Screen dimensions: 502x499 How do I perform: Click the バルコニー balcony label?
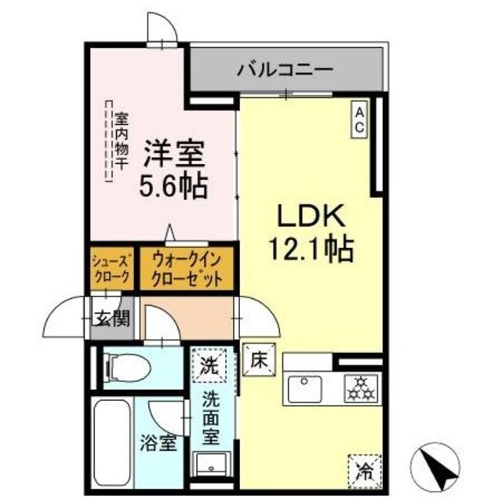click(285, 70)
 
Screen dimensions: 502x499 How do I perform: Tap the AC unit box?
click(359, 119)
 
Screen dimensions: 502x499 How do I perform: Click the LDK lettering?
click(311, 216)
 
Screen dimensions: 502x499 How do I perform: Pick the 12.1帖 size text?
click(312, 249)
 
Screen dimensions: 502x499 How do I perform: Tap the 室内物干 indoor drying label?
click(122, 141)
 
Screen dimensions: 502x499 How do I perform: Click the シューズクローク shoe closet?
click(111, 268)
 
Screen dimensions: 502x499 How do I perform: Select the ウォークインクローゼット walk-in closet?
click(187, 268)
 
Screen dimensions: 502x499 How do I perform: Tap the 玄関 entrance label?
click(112, 319)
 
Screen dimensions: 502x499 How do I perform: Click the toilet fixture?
click(129, 367)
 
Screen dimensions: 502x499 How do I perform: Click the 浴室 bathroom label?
click(158, 443)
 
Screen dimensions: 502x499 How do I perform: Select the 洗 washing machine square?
click(209, 366)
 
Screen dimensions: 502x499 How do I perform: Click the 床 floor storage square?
click(259, 359)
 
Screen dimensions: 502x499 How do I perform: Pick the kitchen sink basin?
click(304, 389)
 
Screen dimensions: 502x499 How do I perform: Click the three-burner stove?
click(361, 388)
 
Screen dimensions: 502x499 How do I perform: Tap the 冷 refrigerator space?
click(365, 471)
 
